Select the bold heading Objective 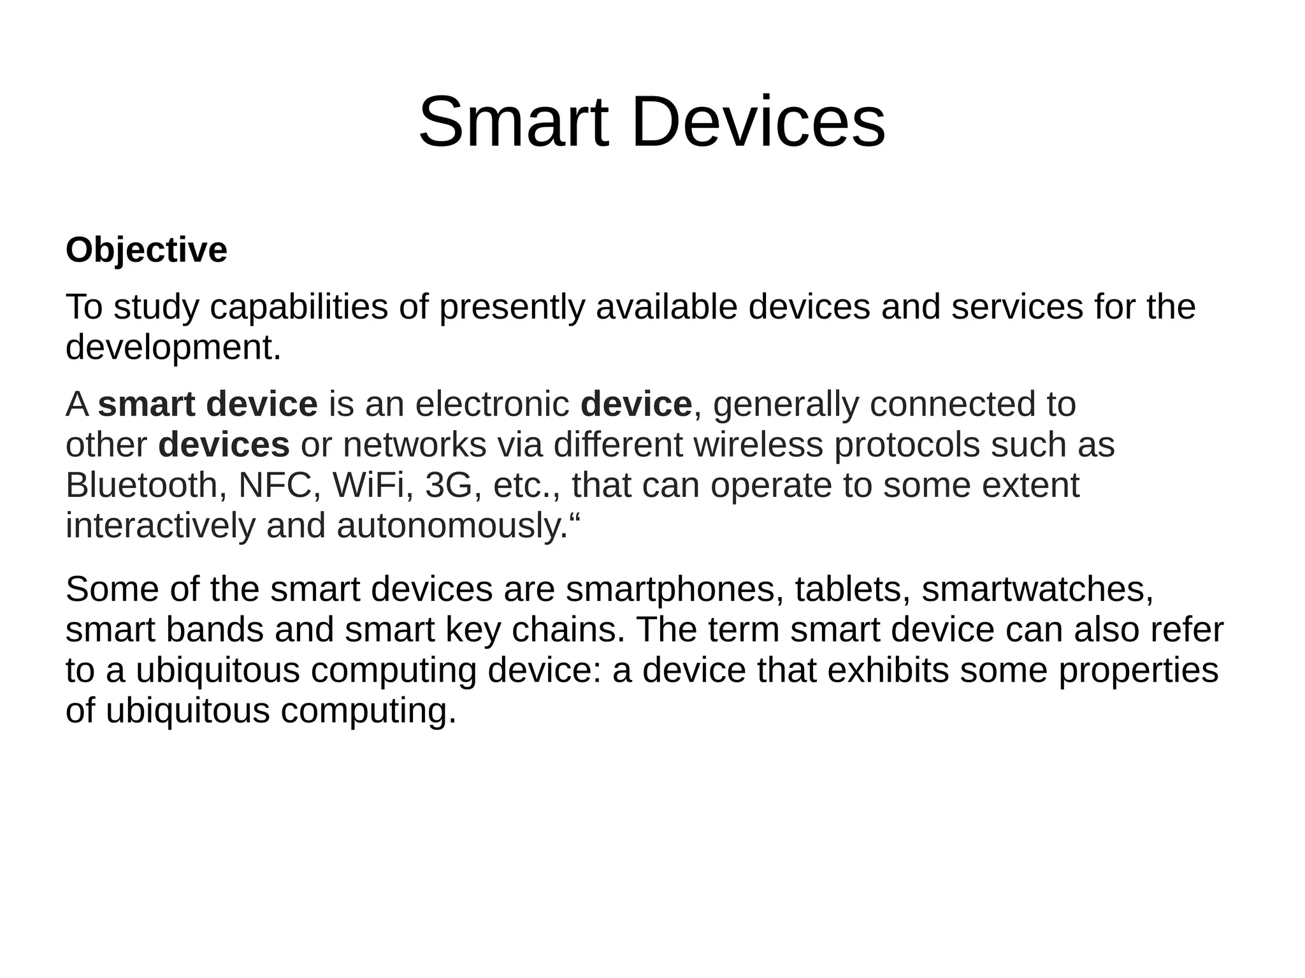point(146,250)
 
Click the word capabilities point(299,307)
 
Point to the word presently point(511,307)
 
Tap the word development point(173,348)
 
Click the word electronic point(492,404)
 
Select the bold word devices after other point(224,445)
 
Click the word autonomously point(451,526)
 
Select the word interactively point(160,526)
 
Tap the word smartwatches point(1037,589)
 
